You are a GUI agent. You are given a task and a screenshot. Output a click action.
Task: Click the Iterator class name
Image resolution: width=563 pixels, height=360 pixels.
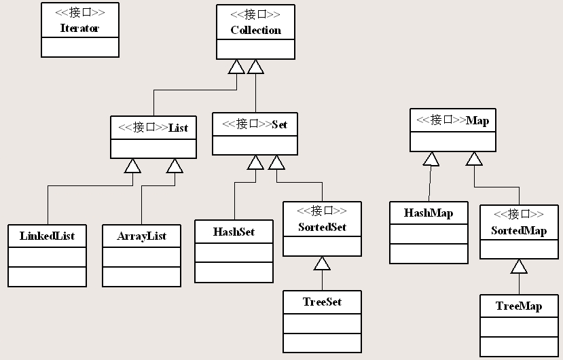79,29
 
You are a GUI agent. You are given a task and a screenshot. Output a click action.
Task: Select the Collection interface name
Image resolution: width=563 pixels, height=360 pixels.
255,30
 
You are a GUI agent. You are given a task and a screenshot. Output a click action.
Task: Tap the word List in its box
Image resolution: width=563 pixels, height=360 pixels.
178,127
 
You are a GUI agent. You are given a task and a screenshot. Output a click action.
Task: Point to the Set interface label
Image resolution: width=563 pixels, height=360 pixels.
279,124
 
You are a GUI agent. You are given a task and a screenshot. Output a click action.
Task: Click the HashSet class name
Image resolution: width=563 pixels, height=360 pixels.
234,232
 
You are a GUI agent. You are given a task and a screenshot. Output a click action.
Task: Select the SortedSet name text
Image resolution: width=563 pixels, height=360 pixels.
322,227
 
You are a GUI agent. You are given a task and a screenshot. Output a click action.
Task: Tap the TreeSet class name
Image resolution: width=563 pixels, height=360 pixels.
322,302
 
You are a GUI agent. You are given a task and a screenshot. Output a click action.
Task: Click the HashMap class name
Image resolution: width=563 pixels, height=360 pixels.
429,213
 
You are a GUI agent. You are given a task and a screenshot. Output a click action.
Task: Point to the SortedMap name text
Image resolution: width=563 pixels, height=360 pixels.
519,230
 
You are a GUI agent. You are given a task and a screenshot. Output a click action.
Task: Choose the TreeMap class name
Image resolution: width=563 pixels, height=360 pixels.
519,306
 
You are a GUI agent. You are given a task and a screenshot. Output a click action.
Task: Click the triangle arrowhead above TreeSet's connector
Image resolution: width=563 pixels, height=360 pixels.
322,264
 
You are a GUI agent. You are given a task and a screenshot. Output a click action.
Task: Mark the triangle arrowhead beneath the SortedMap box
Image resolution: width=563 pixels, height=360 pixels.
519,266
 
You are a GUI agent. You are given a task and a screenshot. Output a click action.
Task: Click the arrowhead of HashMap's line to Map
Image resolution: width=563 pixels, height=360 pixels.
431,159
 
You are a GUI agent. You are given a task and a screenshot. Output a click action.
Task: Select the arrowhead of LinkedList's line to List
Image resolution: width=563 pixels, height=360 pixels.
133,166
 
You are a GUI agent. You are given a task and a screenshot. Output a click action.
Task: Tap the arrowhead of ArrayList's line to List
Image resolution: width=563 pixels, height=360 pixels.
175,166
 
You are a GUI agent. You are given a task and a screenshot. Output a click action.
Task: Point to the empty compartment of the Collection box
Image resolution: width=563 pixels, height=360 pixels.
255,49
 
